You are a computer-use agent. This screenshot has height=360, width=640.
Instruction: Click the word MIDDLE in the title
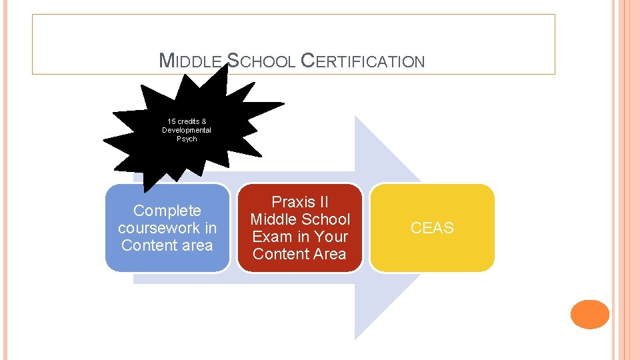191,62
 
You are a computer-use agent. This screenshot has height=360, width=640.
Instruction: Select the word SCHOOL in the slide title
261,62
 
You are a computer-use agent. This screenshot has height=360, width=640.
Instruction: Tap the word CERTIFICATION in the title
363,62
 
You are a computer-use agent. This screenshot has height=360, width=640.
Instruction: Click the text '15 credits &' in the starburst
187,121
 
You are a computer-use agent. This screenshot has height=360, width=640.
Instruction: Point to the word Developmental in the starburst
187,130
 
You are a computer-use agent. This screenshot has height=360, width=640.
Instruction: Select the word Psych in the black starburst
187,139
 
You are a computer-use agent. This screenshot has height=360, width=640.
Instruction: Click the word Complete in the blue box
167,211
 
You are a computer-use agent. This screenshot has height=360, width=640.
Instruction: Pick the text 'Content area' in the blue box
167,245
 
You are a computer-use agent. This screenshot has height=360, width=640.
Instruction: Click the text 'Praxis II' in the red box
300,202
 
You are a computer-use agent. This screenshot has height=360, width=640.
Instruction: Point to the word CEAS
432,228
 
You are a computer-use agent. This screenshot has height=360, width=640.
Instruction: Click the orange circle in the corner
590,314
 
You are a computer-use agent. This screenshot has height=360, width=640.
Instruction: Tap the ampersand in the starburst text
203,121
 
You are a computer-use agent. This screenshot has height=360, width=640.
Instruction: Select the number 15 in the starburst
171,121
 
